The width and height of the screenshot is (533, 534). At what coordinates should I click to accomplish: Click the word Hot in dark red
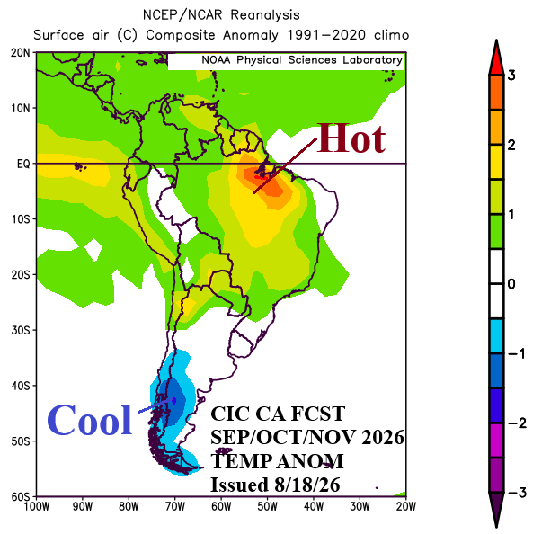point(351,138)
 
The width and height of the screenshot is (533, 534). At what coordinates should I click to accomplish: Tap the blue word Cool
point(90,420)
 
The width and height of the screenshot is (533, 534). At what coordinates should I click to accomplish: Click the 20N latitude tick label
point(21,53)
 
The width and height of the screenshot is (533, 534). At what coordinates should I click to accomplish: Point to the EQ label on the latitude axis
point(23,164)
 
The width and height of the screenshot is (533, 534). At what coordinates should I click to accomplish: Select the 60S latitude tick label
point(21,497)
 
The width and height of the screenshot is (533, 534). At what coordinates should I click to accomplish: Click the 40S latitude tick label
point(21,386)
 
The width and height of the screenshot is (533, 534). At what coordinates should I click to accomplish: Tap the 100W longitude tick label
point(37,507)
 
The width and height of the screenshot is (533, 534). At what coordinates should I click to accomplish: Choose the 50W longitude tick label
point(267,507)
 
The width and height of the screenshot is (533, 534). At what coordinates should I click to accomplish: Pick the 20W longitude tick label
point(406,507)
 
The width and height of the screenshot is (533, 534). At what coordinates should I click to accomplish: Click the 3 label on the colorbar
point(511,76)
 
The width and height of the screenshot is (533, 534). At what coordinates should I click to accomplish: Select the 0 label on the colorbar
point(511,284)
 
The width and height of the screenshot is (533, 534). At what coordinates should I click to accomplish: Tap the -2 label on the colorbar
point(517,423)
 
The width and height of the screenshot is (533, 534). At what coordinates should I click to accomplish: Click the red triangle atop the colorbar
point(496,58)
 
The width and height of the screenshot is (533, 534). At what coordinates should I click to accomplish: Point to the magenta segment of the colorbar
point(496,441)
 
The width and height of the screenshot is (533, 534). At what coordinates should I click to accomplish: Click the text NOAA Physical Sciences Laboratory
point(302,60)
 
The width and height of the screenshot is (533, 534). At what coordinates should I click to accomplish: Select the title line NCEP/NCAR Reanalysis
point(221,15)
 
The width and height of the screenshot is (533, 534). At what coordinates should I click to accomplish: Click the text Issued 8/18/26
point(275,485)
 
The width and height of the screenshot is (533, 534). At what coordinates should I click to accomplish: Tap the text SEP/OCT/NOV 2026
point(307,437)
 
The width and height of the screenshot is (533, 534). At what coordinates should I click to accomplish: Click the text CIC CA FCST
point(278,414)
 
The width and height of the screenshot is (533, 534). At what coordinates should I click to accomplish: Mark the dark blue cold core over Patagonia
point(173,402)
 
